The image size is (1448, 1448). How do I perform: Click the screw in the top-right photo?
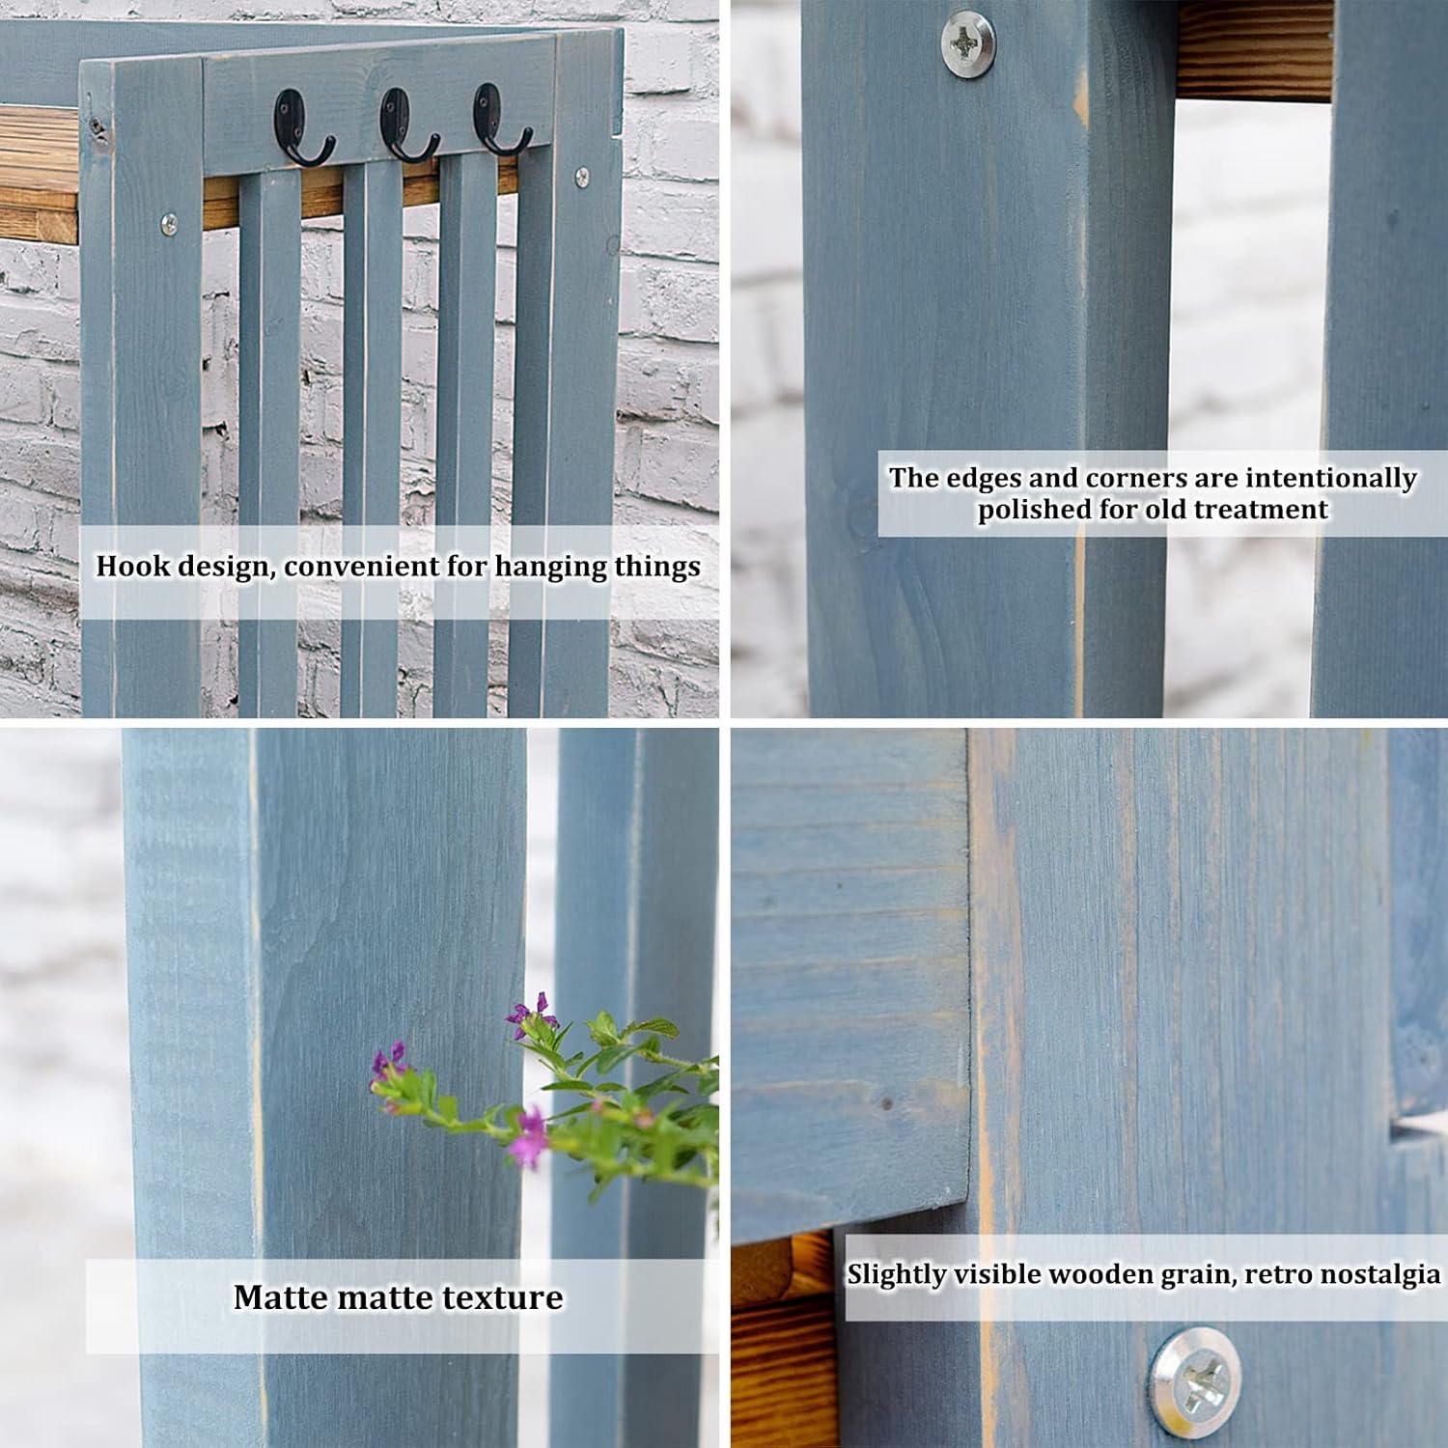coord(968,42)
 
